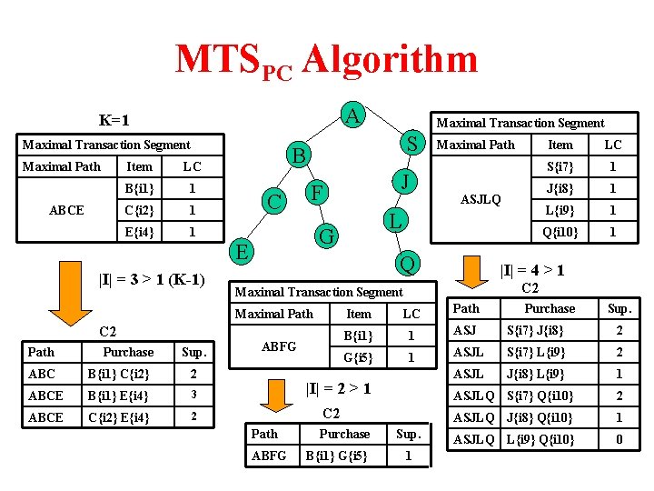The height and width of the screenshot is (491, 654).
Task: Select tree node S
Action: [411, 144]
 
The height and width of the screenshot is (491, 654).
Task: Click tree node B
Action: [300, 155]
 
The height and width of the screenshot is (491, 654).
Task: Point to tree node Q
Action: [408, 265]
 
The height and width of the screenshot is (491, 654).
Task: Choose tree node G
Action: [324, 236]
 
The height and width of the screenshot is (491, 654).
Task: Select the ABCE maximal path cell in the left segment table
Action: [66, 210]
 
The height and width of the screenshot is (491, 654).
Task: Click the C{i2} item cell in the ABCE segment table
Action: [139, 210]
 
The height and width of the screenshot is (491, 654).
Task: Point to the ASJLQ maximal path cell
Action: [481, 199]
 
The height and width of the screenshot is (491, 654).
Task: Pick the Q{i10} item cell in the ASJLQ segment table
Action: [560, 232]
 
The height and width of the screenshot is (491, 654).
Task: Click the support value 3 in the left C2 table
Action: [192, 396]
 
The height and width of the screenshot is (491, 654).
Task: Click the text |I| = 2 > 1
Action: [335, 388]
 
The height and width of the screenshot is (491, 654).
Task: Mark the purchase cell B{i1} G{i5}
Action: [338, 456]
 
